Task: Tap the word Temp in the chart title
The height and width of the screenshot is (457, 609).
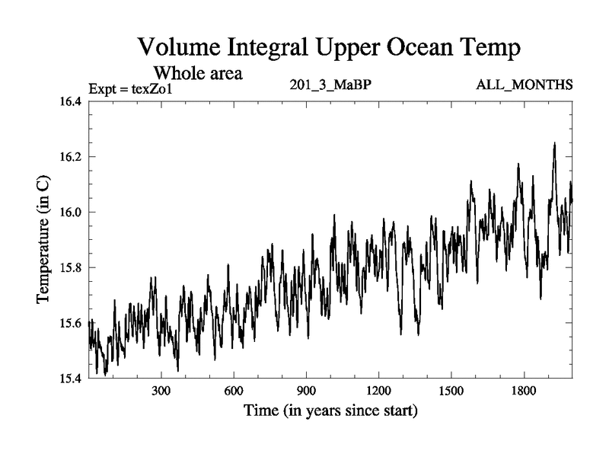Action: (x=488, y=49)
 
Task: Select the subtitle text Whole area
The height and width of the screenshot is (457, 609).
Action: (x=199, y=74)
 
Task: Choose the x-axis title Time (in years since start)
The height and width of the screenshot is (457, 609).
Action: (x=330, y=412)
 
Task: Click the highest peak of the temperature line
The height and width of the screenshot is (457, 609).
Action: (x=554, y=143)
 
